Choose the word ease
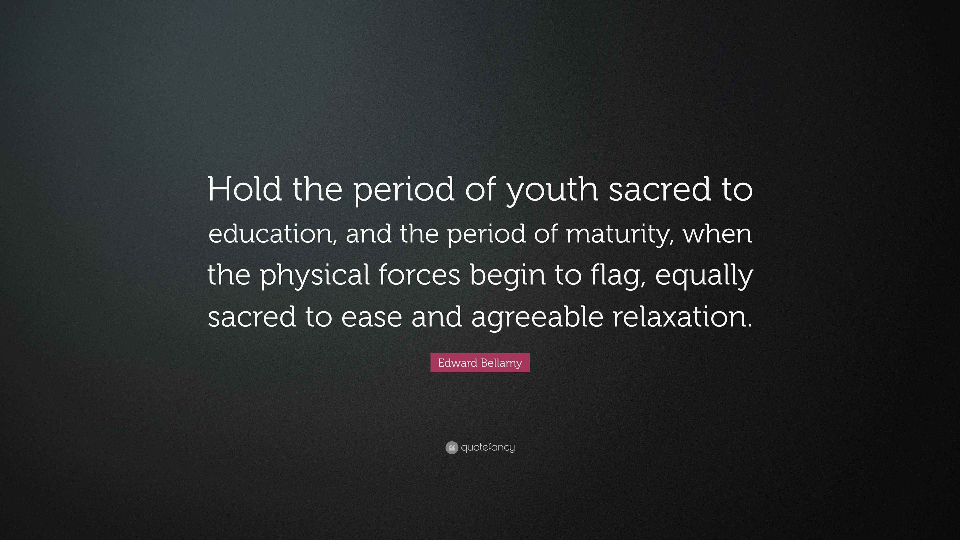click(371, 317)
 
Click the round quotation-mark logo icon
click(452, 447)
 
